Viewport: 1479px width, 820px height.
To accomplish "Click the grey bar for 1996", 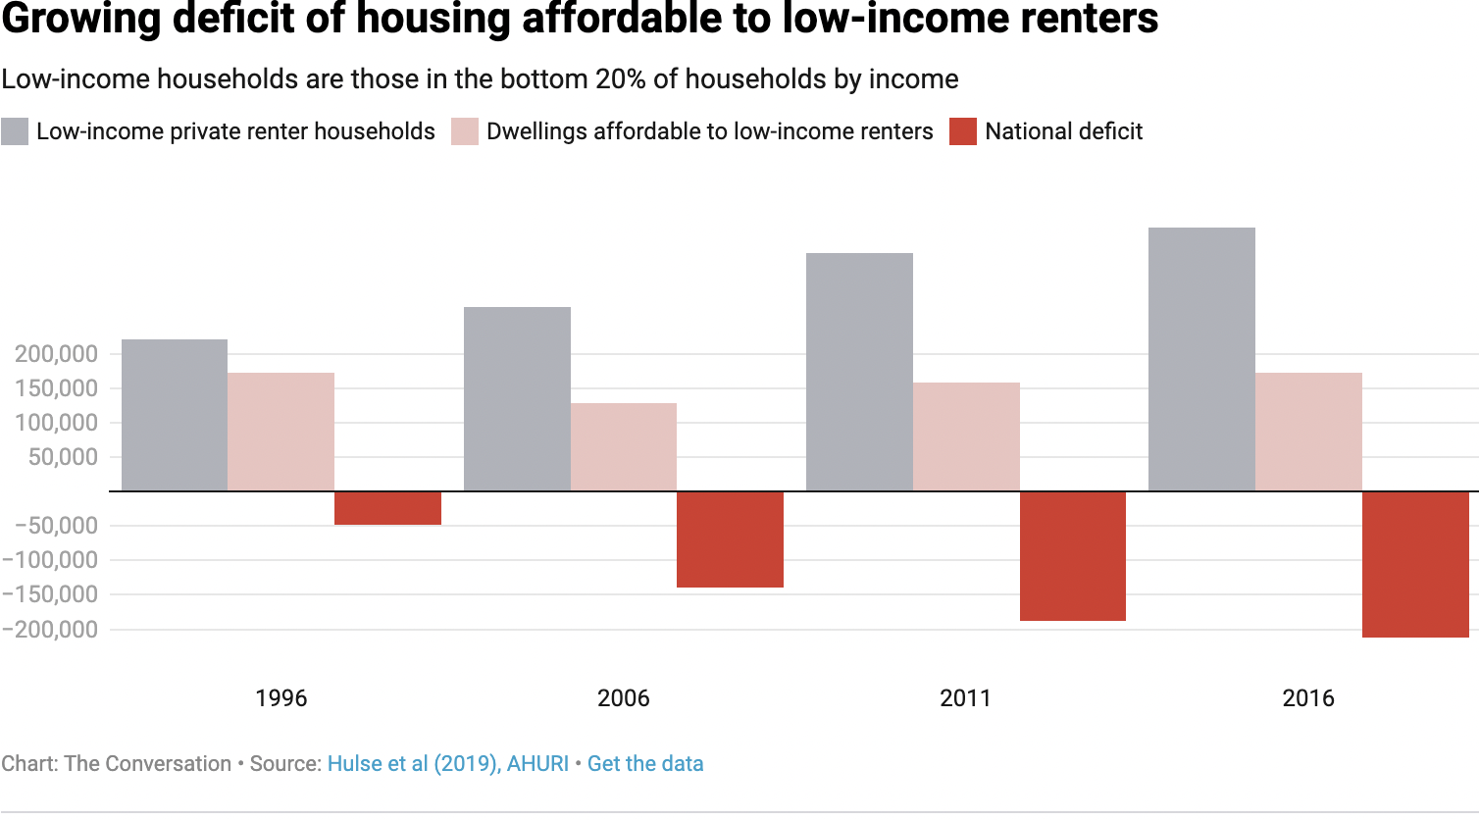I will tap(175, 415).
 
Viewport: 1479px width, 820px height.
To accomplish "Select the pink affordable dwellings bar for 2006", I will tap(624, 446).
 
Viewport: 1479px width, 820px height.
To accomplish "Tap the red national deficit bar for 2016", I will tap(1415, 564).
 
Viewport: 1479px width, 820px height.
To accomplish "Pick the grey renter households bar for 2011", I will tap(859, 372).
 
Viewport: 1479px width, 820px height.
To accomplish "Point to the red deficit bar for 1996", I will tap(387, 508).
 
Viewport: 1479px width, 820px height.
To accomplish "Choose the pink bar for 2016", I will tap(1308, 432).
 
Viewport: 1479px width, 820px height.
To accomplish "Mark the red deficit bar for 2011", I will tap(1073, 555).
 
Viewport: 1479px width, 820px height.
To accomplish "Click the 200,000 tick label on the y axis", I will tap(56, 354).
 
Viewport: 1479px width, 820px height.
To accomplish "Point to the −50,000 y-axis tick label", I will tap(56, 526).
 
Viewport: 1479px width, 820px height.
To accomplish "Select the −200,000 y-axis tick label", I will tap(51, 630).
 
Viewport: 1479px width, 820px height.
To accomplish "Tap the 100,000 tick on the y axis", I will tap(56, 423).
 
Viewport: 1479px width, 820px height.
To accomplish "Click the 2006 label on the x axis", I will tap(624, 698).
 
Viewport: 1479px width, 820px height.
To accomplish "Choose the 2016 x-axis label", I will tap(1308, 698).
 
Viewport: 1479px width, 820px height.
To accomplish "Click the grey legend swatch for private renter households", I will tap(15, 131).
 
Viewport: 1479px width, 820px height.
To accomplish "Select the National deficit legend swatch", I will tap(963, 131).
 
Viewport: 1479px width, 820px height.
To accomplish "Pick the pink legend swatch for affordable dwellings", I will tap(465, 131).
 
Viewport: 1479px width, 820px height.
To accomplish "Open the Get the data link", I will tap(645, 764).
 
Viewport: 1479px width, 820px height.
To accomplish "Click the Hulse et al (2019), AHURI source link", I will tap(448, 764).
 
